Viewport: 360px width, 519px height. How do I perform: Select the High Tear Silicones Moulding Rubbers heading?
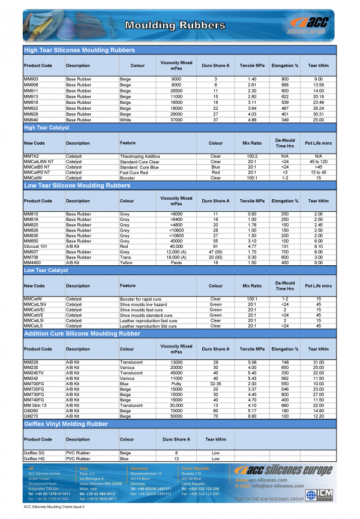(79, 50)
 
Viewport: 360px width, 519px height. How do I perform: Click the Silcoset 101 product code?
(35, 245)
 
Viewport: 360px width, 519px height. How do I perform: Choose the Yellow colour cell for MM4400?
(125, 262)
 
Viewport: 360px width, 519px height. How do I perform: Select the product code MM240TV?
(34, 373)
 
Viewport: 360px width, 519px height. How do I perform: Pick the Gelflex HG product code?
(34, 458)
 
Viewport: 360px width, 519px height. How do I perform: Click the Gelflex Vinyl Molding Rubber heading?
(66, 424)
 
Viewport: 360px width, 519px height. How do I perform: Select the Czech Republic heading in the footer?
(196, 467)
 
